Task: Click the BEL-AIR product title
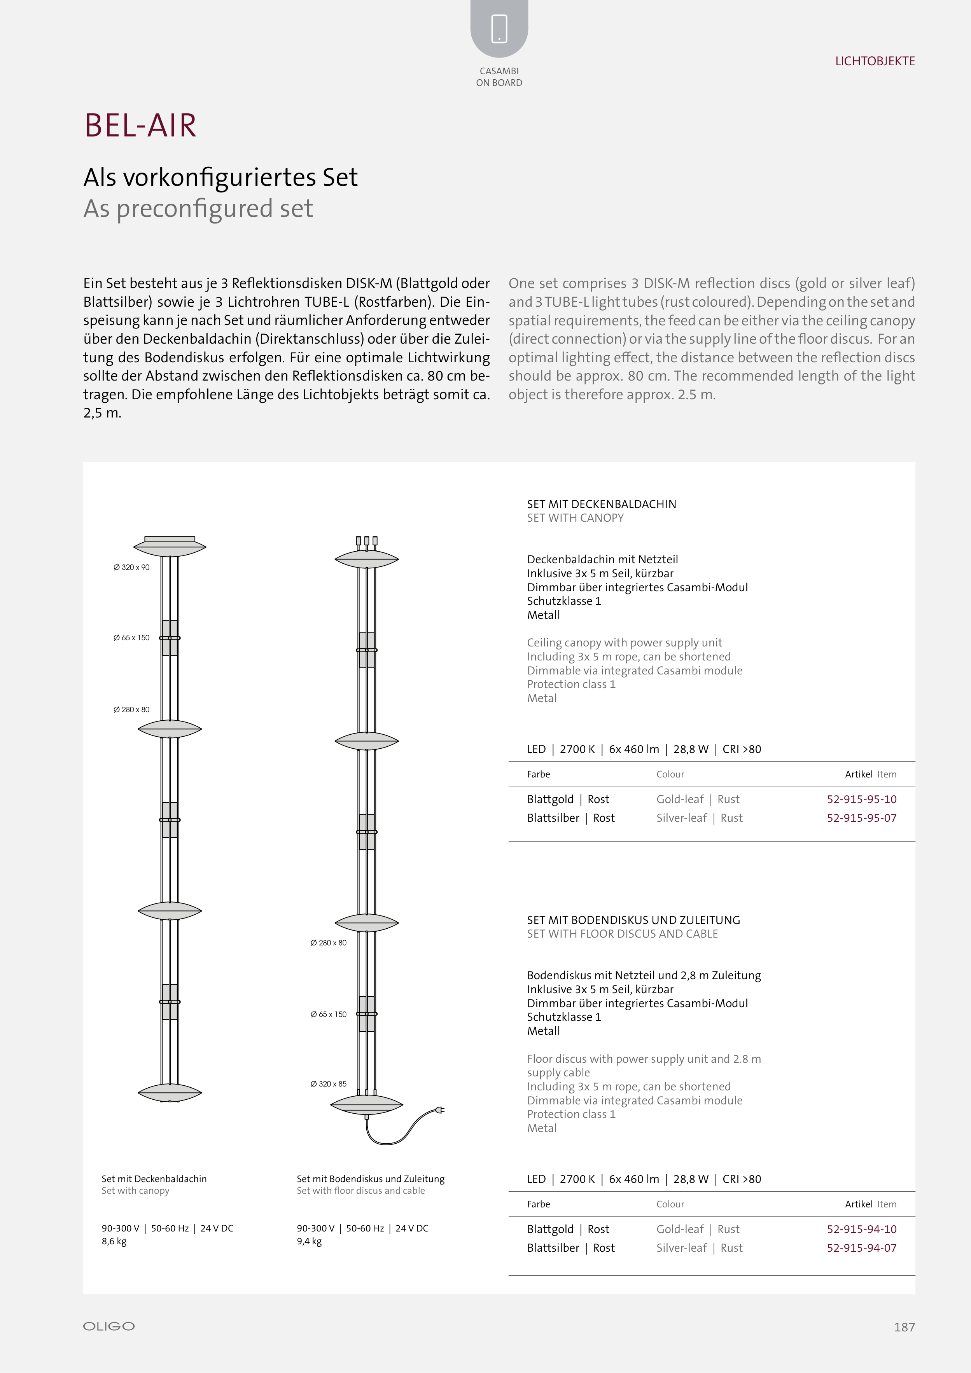(140, 126)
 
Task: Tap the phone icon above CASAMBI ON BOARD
(499, 29)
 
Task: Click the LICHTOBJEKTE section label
(875, 61)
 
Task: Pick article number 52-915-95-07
(861, 818)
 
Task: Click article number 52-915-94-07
(861, 1247)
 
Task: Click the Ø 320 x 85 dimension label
(329, 1083)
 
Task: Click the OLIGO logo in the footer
(109, 1326)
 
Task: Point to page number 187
(904, 1327)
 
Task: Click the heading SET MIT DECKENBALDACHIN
(601, 504)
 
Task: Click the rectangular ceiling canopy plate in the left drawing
(170, 539)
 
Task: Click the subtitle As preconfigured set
(198, 209)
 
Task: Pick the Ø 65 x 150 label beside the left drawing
(131, 638)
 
